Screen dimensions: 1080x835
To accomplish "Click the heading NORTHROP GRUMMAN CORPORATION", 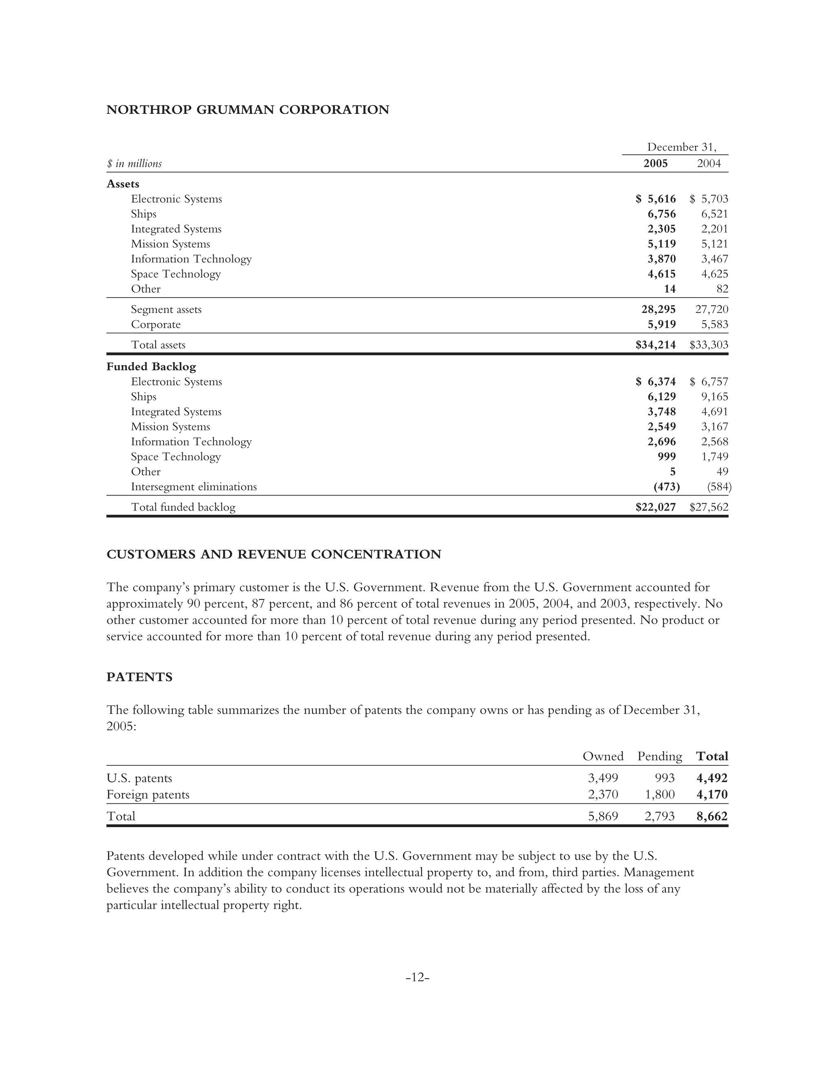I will [x=247, y=110].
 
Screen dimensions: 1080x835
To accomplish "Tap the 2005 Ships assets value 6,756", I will [x=661, y=214].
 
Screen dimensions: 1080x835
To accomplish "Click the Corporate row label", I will [x=155, y=324].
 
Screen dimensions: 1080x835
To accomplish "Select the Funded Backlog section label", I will [x=151, y=366].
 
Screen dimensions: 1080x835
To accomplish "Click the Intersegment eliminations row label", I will [x=193, y=487].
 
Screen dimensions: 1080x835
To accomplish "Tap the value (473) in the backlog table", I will [x=666, y=487].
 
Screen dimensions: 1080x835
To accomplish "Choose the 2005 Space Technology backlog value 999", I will [x=666, y=456].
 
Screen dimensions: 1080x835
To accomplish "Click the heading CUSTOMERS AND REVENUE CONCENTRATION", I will [x=274, y=554].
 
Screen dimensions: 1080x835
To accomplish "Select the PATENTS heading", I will [x=139, y=677].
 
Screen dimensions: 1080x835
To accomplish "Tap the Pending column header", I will [x=659, y=756].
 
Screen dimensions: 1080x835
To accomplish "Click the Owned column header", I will [x=603, y=756].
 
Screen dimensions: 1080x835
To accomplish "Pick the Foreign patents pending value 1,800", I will [x=659, y=795].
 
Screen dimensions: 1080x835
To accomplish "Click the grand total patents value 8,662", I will [x=711, y=816].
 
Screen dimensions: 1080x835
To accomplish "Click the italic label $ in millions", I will [x=134, y=164].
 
